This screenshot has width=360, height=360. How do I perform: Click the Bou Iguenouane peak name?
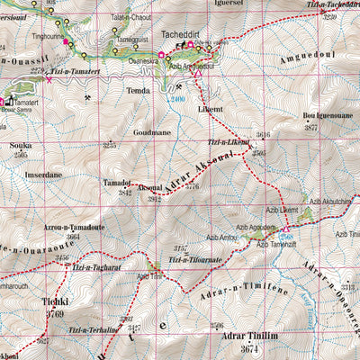point(327,116)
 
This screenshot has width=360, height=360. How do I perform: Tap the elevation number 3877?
point(311,128)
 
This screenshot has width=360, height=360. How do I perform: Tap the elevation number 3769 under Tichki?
point(56,314)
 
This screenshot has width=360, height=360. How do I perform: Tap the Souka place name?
point(21,145)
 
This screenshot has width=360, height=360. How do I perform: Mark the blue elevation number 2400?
point(176,99)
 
